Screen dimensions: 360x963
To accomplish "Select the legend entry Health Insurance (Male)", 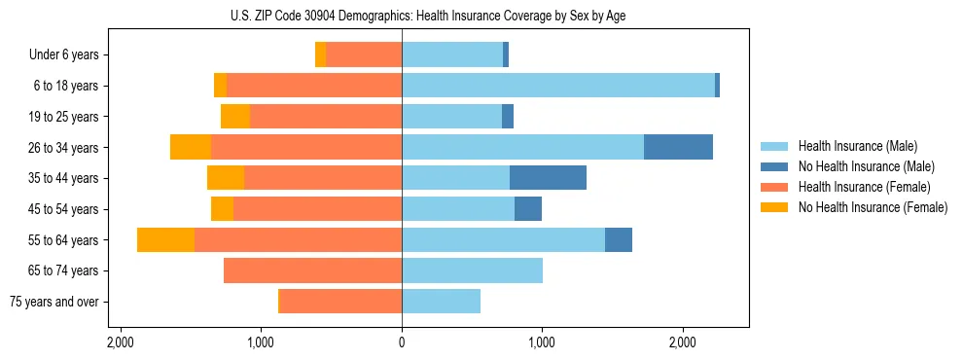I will click(857, 146).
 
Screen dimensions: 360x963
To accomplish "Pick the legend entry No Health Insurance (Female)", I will click(873, 207).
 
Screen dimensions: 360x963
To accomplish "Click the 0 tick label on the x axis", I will click(402, 343).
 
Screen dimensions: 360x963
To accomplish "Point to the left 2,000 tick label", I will click(121, 343).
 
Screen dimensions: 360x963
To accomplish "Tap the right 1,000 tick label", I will click(542, 343).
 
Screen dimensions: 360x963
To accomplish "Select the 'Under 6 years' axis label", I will click(63, 55).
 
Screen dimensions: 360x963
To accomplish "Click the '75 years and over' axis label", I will click(54, 302).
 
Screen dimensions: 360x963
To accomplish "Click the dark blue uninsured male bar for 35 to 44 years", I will click(548, 178).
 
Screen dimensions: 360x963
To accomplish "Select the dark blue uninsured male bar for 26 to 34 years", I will click(678, 147).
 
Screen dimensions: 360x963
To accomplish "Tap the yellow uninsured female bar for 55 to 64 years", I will click(165, 239).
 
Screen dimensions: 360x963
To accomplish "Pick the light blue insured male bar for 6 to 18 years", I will click(558, 86).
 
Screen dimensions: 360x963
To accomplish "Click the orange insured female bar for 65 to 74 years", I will click(312, 270).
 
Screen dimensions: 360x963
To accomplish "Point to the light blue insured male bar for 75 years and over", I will click(441, 302).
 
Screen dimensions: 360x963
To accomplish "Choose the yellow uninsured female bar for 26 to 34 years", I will click(191, 147).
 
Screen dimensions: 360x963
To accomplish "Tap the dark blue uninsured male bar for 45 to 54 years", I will click(528, 209).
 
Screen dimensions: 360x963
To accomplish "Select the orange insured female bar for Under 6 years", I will click(364, 55).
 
